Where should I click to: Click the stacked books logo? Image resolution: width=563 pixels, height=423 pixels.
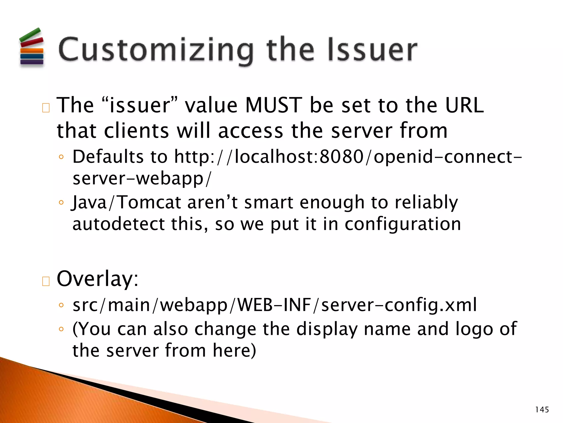[32, 47]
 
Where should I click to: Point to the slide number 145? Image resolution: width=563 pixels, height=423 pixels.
[542, 410]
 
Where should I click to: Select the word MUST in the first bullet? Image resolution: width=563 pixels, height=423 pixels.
[274, 105]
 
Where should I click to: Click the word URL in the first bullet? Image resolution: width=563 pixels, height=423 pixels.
[464, 105]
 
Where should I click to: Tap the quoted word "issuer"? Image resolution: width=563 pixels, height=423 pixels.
[140, 105]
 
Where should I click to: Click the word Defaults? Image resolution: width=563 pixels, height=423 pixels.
[108, 157]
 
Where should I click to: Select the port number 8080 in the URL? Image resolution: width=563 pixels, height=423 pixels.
[342, 157]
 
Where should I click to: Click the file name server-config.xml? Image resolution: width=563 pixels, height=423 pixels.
[399, 305]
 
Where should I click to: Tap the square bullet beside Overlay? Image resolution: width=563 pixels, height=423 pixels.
[46, 281]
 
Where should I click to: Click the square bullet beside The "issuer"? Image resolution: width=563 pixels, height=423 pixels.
[46, 108]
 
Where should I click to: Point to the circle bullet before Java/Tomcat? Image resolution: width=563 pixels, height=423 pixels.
[61, 203]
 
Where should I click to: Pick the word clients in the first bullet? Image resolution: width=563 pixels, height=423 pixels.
[136, 131]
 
